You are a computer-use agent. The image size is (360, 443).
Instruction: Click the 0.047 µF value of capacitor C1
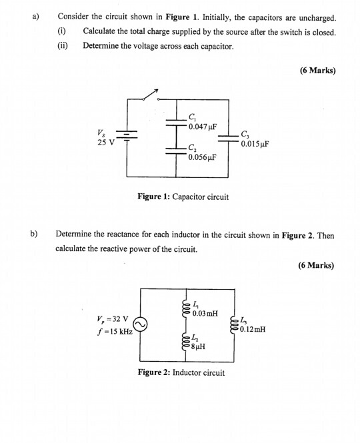(x=202, y=127)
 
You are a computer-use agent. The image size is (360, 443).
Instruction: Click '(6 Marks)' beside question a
(x=316, y=71)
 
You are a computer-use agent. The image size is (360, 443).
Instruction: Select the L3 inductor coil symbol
(x=234, y=325)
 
